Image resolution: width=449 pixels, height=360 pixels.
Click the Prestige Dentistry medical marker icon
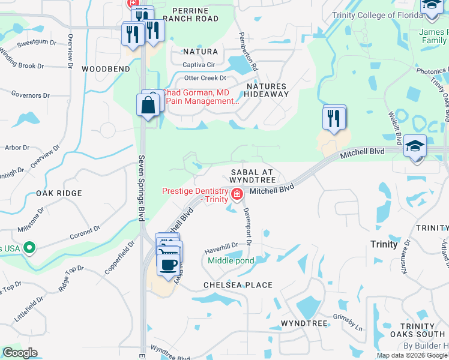(237, 194)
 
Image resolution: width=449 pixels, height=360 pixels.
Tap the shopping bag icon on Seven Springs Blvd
(148, 106)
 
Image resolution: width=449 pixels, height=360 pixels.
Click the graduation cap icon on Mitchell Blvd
(415, 146)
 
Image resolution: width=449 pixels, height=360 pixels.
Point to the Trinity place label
(384, 244)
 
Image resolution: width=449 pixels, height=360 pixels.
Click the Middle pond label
(231, 261)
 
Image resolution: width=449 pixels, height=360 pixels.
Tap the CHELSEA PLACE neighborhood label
(238, 285)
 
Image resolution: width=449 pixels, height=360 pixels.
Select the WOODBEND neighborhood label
(106, 69)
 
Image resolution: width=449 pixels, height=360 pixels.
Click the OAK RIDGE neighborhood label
(58, 193)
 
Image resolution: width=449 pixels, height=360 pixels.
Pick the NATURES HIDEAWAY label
(267, 90)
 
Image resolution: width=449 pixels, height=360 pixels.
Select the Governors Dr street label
(30, 95)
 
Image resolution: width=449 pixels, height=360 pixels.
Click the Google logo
(20, 353)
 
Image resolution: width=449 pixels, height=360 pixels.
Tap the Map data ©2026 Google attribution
(412, 355)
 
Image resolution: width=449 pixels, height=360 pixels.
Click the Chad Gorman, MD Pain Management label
(201, 97)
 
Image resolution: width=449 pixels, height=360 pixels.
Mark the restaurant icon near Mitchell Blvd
(334, 118)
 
